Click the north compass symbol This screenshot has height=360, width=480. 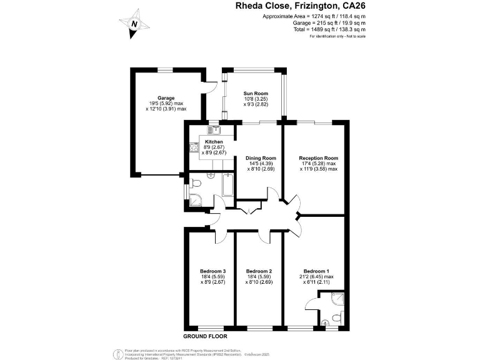(x=134, y=22)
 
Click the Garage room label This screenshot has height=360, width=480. (x=166, y=98)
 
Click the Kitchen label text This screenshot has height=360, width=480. (x=214, y=142)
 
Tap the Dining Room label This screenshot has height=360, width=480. (x=261, y=158)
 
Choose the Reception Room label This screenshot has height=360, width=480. (x=318, y=158)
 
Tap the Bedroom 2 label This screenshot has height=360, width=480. (x=259, y=271)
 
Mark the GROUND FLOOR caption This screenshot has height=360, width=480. (x=204, y=336)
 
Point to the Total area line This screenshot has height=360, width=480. (x=329, y=29)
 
